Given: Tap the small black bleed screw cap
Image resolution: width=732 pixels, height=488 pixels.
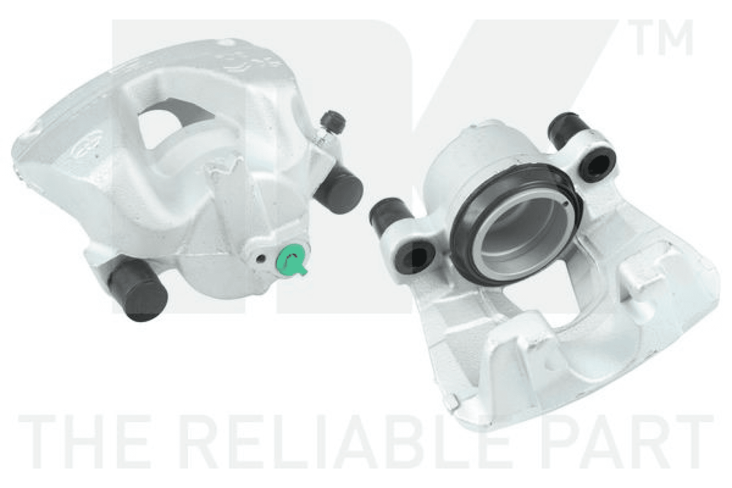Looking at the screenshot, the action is (x=333, y=121).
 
